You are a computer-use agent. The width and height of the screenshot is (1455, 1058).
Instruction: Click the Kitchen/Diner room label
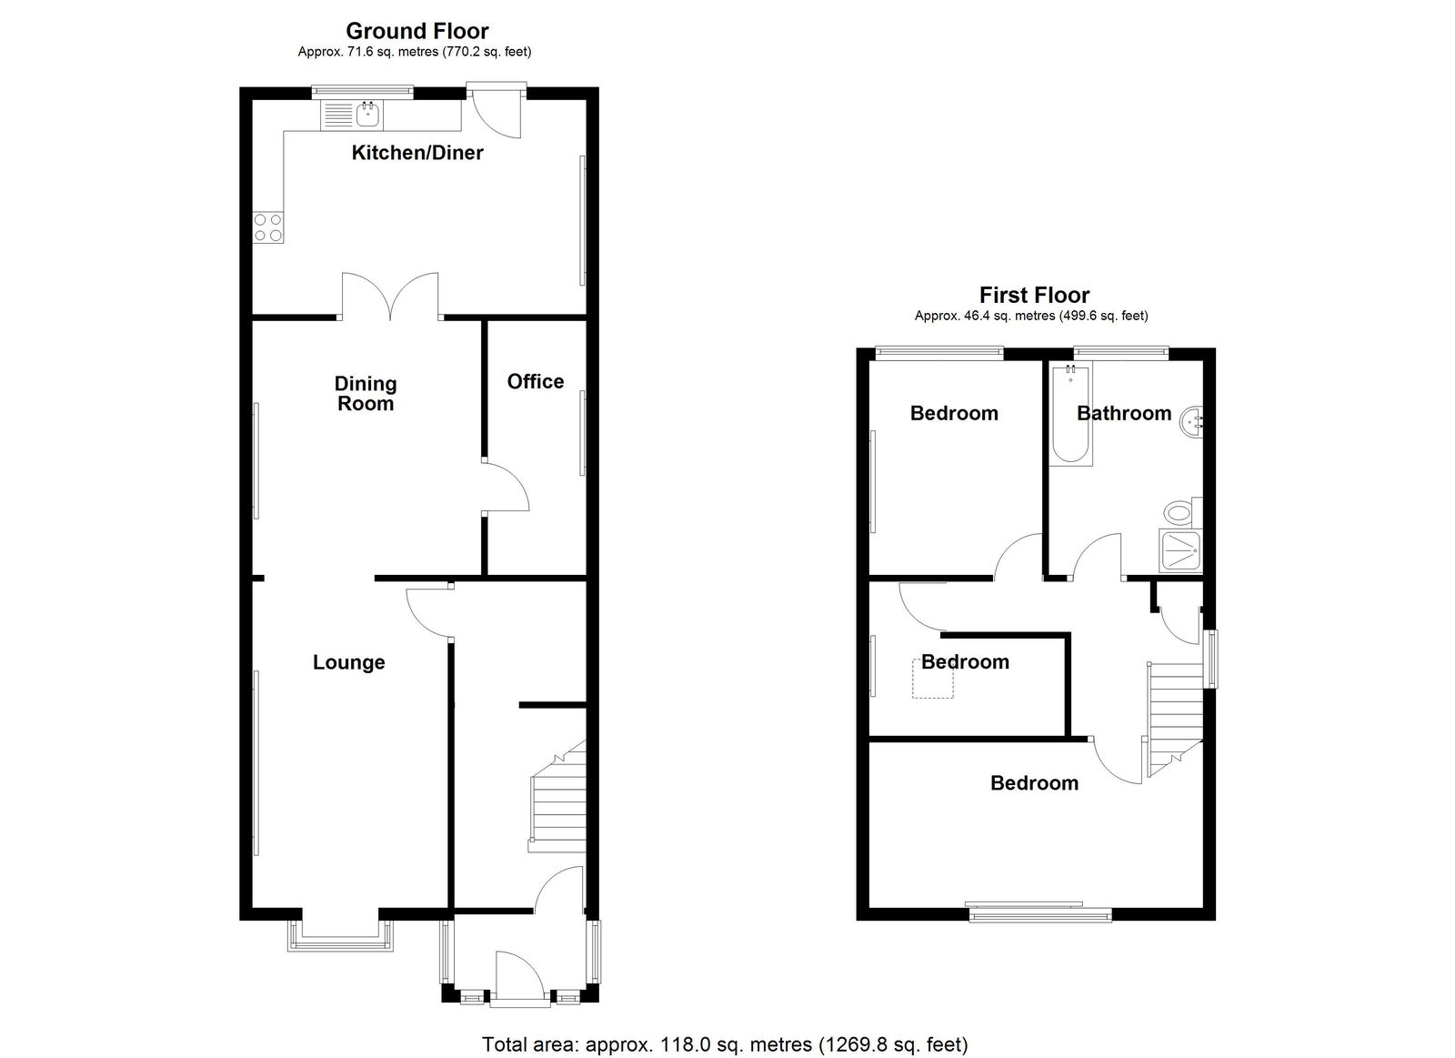[x=417, y=153]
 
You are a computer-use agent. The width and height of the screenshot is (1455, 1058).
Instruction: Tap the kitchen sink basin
[x=368, y=116]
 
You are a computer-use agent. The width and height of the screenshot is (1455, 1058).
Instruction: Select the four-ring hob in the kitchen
[x=268, y=227]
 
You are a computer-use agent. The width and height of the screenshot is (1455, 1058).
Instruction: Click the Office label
[x=536, y=381]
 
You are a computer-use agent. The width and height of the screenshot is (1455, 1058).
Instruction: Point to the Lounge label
[x=349, y=662]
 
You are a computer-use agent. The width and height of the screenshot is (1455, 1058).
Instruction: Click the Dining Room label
[x=365, y=393]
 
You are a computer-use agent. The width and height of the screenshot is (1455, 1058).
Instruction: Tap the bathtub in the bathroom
[x=1070, y=413]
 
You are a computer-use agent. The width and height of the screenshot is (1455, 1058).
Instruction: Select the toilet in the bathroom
[x=1182, y=511]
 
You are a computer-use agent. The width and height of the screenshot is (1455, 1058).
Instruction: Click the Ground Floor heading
[x=417, y=31]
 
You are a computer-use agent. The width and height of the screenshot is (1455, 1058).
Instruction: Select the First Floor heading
[x=1034, y=296]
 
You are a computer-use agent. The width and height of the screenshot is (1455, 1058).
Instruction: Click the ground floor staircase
[x=558, y=798]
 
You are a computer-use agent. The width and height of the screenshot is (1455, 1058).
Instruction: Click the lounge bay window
[x=340, y=937]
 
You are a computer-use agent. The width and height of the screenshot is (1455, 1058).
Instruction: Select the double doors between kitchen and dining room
[x=390, y=296]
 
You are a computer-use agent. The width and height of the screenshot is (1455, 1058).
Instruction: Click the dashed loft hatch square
[x=933, y=679]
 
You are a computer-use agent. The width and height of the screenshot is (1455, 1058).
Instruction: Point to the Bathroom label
[x=1124, y=413]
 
